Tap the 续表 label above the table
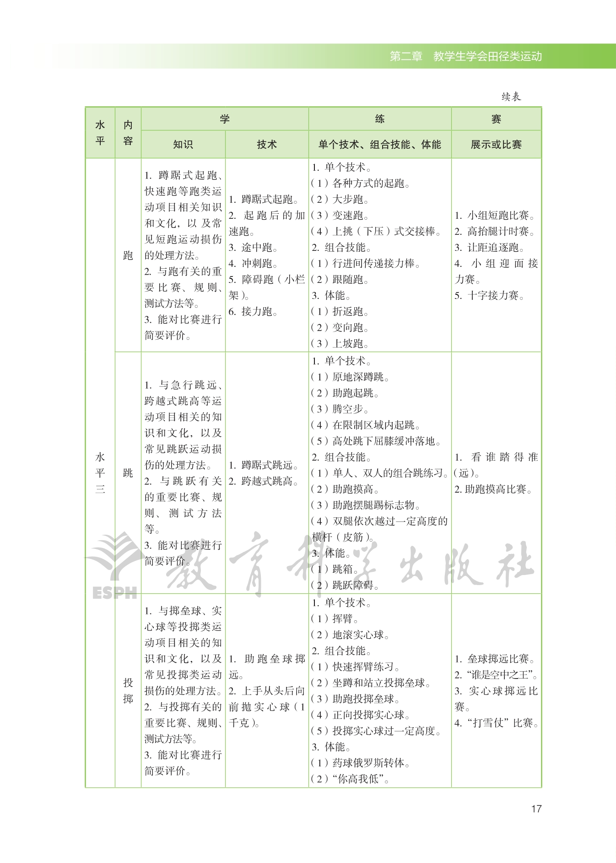[x=511, y=97]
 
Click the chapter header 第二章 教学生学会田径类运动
[x=465, y=56]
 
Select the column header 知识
[x=183, y=145]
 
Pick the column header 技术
[x=267, y=145]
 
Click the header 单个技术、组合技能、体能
[x=379, y=145]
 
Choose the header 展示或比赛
[x=496, y=145]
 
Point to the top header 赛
[x=496, y=119]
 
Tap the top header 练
[x=379, y=119]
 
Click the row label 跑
[x=128, y=255]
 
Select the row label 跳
[x=128, y=473]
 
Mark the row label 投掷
[x=128, y=690]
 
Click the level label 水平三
[x=100, y=473]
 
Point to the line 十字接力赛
[x=490, y=296]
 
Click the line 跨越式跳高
[x=264, y=481]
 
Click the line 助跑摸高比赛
[x=494, y=489]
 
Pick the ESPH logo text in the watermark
[x=114, y=593]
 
